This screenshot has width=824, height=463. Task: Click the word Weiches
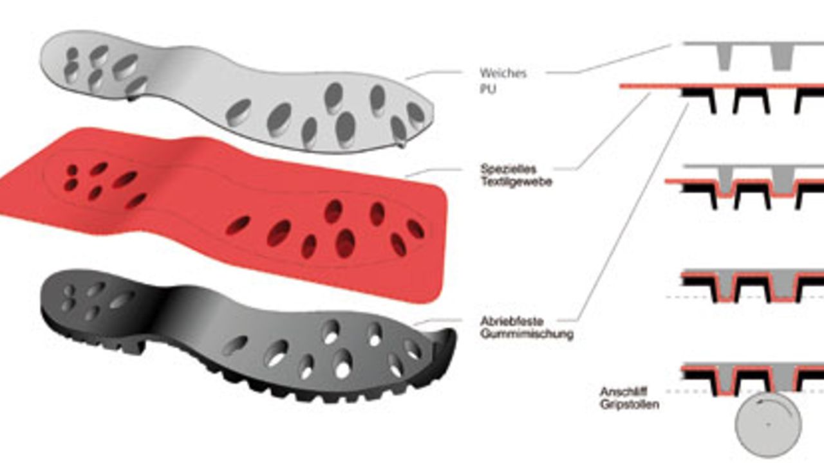pyautogui.click(x=503, y=73)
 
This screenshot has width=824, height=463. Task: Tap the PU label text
pyautogui.click(x=488, y=89)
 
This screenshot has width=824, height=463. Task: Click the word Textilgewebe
pyautogui.click(x=516, y=182)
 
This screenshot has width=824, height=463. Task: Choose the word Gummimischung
pyautogui.click(x=527, y=334)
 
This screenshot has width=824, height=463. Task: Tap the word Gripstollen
pyautogui.click(x=630, y=404)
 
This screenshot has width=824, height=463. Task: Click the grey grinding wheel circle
pyautogui.click(x=768, y=424)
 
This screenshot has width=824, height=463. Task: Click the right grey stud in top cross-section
pyautogui.click(x=782, y=57)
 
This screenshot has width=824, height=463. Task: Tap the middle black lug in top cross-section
pyautogui.click(x=751, y=99)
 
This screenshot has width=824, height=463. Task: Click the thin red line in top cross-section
pyautogui.click(x=722, y=86)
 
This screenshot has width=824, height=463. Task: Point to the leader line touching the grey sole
pyautogui.click(x=433, y=75)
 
